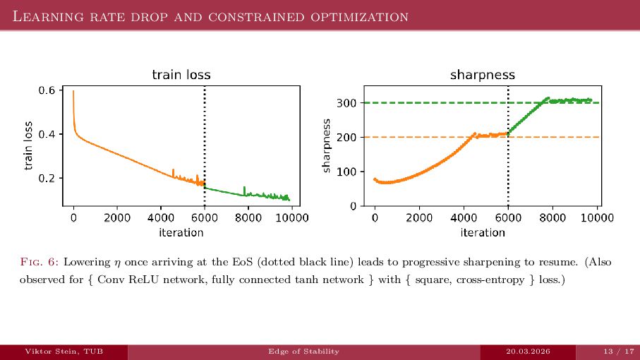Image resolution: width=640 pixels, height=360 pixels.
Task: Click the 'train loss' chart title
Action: [181, 74]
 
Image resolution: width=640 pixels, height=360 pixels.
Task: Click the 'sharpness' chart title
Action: [483, 74]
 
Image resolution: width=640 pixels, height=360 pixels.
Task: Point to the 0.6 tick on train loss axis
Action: [47, 90]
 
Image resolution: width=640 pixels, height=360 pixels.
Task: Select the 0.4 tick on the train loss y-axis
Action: [47, 134]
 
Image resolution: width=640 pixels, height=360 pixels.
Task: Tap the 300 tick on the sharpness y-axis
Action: [347, 103]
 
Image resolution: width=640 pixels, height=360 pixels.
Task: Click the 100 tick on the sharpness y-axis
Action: [347, 172]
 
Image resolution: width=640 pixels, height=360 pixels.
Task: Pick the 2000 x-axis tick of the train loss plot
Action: [117, 218]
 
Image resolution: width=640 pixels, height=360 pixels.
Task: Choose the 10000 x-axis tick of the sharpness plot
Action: [597, 218]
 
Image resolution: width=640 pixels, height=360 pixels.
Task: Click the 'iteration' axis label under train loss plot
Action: [181, 232]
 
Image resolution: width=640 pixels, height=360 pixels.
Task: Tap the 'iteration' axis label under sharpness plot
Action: [483, 232]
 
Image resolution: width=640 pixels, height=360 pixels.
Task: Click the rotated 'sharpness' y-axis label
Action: [326, 145]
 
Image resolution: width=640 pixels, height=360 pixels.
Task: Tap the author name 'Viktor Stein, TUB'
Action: [64, 352]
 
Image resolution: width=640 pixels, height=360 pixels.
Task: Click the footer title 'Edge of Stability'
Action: [303, 352]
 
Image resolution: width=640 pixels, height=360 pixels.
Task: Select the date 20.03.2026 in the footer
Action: [529, 352]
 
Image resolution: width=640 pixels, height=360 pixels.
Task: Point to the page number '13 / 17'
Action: [615, 352]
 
